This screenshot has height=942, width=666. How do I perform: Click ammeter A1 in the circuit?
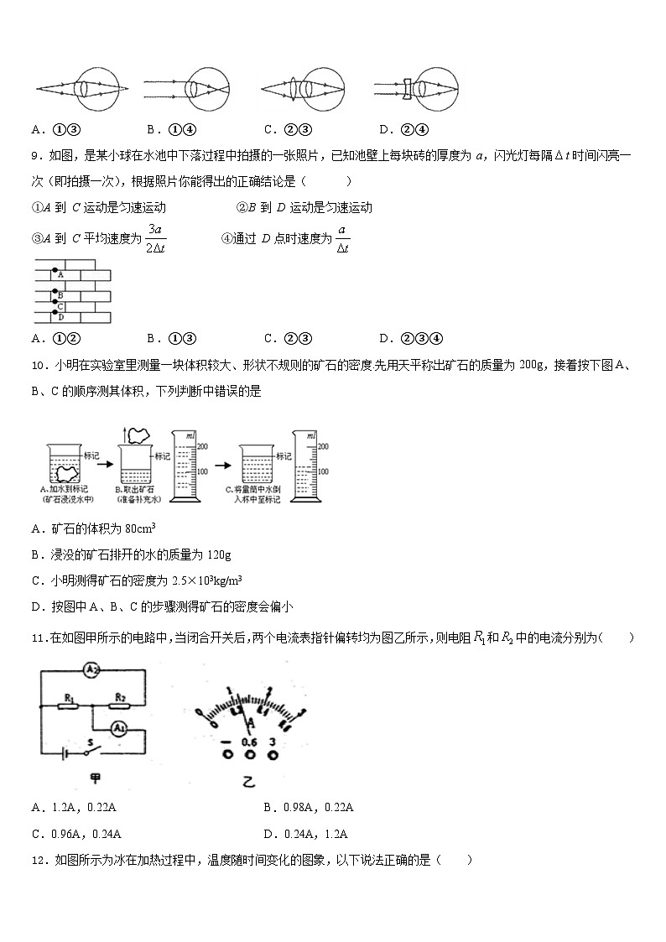[121, 726]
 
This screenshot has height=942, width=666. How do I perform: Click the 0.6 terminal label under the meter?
[248, 742]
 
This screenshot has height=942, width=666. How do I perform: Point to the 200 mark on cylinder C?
[323, 447]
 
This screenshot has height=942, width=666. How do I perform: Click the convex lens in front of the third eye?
[306, 88]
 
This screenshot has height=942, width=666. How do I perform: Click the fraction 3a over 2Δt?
[154, 238]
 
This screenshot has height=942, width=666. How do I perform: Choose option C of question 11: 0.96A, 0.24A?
[76, 833]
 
